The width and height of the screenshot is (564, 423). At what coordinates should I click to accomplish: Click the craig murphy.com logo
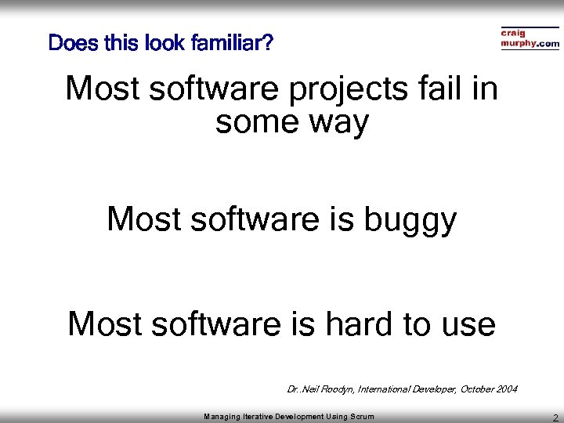click(530, 39)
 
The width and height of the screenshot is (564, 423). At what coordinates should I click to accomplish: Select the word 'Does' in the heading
click(70, 42)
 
